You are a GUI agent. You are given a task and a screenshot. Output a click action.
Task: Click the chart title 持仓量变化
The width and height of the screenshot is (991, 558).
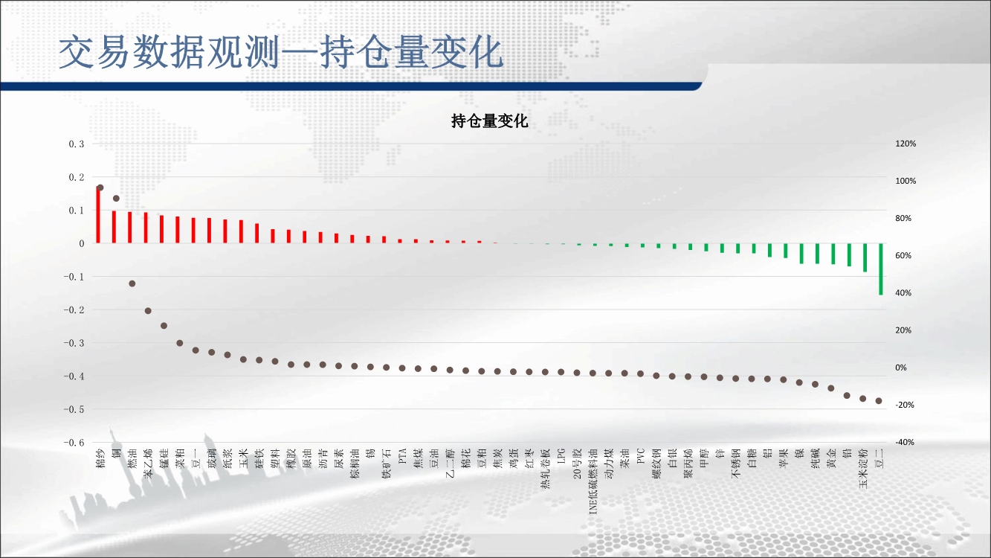coord(489,121)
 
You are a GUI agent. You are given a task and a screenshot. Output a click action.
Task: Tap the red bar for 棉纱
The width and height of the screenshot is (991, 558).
coord(98,215)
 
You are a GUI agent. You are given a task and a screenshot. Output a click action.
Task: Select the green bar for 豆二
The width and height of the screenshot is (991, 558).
coord(881,269)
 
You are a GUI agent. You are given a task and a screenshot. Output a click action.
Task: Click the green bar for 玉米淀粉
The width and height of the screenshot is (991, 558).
coord(865,257)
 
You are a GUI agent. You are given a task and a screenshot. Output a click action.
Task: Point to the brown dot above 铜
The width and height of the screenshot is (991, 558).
coord(117,199)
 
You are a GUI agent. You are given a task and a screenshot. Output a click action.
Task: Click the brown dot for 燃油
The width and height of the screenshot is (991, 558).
coord(132,283)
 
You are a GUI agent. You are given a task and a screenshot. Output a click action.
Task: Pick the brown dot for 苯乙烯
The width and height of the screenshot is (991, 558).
coord(148,311)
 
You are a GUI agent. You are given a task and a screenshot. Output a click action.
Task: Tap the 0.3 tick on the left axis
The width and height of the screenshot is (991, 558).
coord(76,144)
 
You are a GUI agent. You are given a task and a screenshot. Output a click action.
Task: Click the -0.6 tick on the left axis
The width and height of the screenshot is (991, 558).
coord(74,443)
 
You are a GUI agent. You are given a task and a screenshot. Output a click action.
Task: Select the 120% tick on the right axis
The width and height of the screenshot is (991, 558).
coord(906,144)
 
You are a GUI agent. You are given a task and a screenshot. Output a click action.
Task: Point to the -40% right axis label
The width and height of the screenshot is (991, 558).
coord(905,442)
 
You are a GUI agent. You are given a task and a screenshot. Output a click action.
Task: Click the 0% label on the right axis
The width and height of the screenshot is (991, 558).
coord(901,368)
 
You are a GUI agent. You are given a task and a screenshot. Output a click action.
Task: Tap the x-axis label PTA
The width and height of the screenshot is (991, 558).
coord(403,456)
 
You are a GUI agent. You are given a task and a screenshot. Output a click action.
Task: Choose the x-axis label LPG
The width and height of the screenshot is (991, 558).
coord(561,456)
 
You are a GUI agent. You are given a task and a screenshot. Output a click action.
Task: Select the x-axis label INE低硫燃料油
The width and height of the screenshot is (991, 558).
coord(593,481)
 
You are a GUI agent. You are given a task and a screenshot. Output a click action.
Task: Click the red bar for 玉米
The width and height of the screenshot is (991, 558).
coord(241,231)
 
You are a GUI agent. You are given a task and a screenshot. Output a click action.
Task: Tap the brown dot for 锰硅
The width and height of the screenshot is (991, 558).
coord(164,326)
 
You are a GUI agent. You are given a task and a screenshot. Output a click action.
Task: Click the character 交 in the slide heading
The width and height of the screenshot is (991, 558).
coord(76,52)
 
